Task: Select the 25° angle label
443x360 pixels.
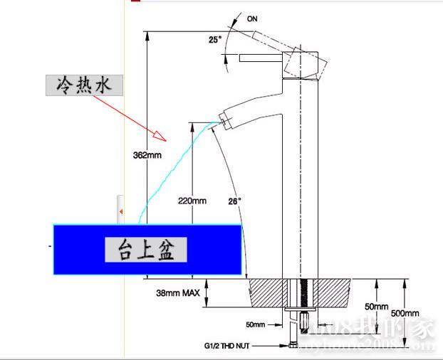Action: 215,40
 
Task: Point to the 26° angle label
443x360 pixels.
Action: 235,201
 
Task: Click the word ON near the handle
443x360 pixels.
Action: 252,19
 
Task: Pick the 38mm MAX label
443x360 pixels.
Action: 177,292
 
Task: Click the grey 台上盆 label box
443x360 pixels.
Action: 146,250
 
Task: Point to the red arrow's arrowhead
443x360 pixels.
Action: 161,135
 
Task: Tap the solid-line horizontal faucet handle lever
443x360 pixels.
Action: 262,57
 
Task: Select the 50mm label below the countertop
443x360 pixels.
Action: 255,324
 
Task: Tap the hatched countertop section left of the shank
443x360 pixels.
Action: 267,292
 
